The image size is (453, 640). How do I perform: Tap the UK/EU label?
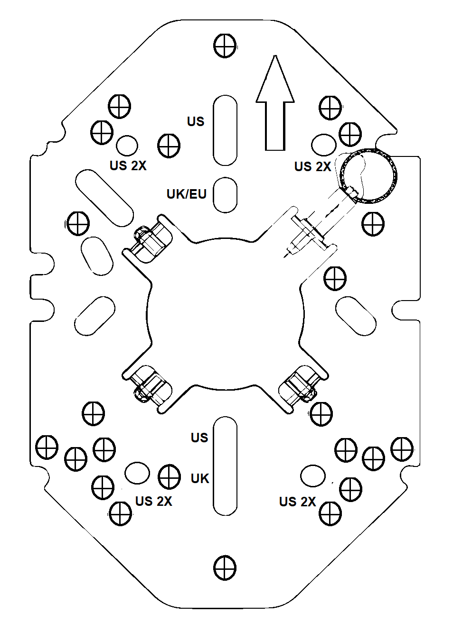(186, 194)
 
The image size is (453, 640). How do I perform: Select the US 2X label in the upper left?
(128, 165)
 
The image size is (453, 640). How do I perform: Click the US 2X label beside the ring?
(312, 166)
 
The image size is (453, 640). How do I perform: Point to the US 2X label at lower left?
(153, 501)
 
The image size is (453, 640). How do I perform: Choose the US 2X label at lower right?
(297, 502)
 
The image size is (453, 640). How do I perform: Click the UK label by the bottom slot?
(200, 479)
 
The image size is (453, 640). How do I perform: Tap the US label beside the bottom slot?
(199, 438)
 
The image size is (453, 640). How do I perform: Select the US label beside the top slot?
(196, 121)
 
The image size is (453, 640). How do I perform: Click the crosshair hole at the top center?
(225, 46)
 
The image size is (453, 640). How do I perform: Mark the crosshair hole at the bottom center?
(225, 567)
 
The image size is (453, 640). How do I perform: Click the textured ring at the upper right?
(368, 176)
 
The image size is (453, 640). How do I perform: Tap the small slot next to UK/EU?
(225, 194)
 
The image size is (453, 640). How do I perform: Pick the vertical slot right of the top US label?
(225, 130)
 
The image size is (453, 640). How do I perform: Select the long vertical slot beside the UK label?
(225, 466)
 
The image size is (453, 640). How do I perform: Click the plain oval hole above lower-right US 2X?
(313, 475)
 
